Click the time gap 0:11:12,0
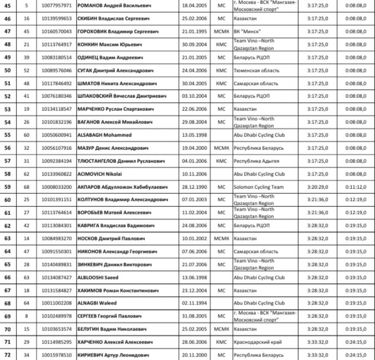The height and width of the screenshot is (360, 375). tap(355, 187)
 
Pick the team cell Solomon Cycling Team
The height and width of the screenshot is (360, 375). tap(258, 187)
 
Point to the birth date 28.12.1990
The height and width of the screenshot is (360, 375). tap(195, 187)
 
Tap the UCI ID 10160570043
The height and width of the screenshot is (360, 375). tap(57, 31)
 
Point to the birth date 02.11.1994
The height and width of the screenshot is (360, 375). tap(195, 303)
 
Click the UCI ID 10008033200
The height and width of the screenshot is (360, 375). tap(57, 187)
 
